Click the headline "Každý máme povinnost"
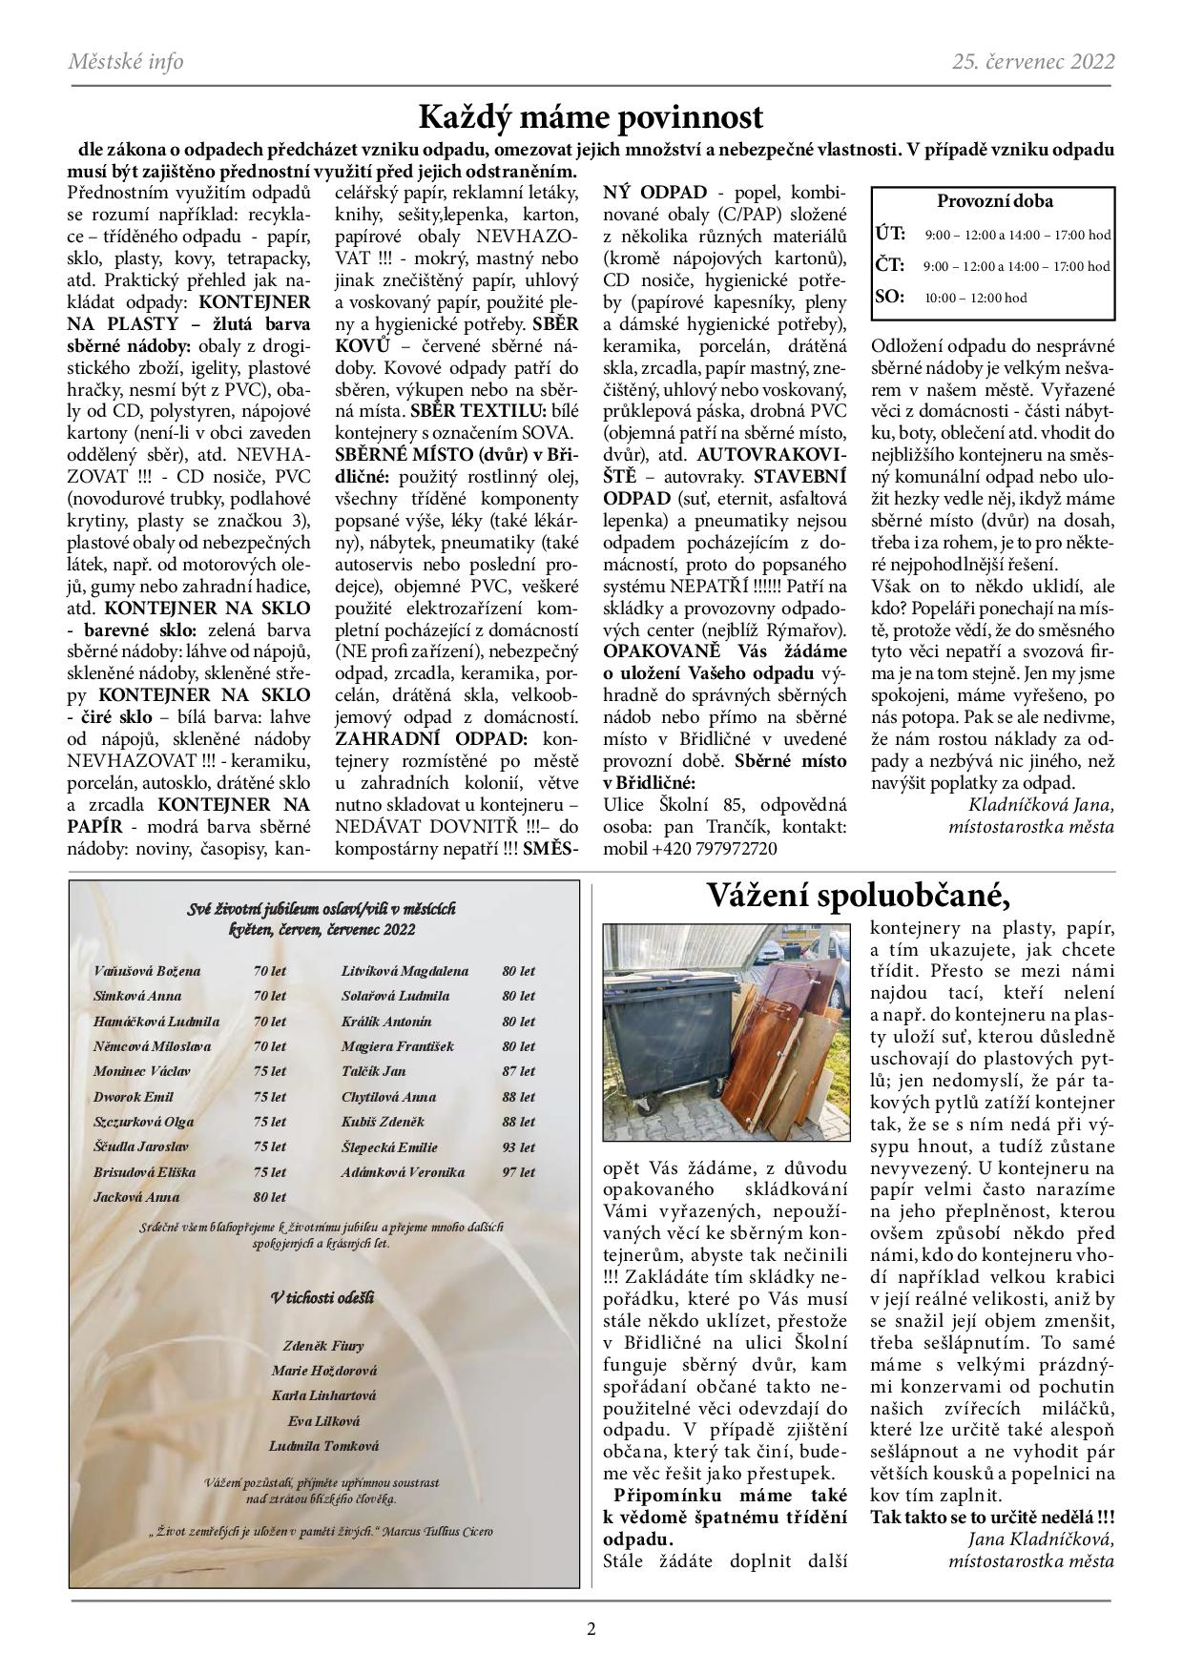(591, 118)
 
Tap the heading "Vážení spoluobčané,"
(858, 897)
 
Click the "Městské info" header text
(126, 62)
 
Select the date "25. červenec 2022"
(1033, 62)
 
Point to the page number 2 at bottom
(591, 1628)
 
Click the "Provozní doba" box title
(994, 202)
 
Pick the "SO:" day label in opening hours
(889, 298)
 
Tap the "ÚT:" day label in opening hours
(890, 234)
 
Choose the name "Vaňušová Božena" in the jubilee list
(147, 971)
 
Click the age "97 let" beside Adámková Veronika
(518, 1172)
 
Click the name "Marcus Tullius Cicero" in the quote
(440, 1532)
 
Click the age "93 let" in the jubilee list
(518, 1147)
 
